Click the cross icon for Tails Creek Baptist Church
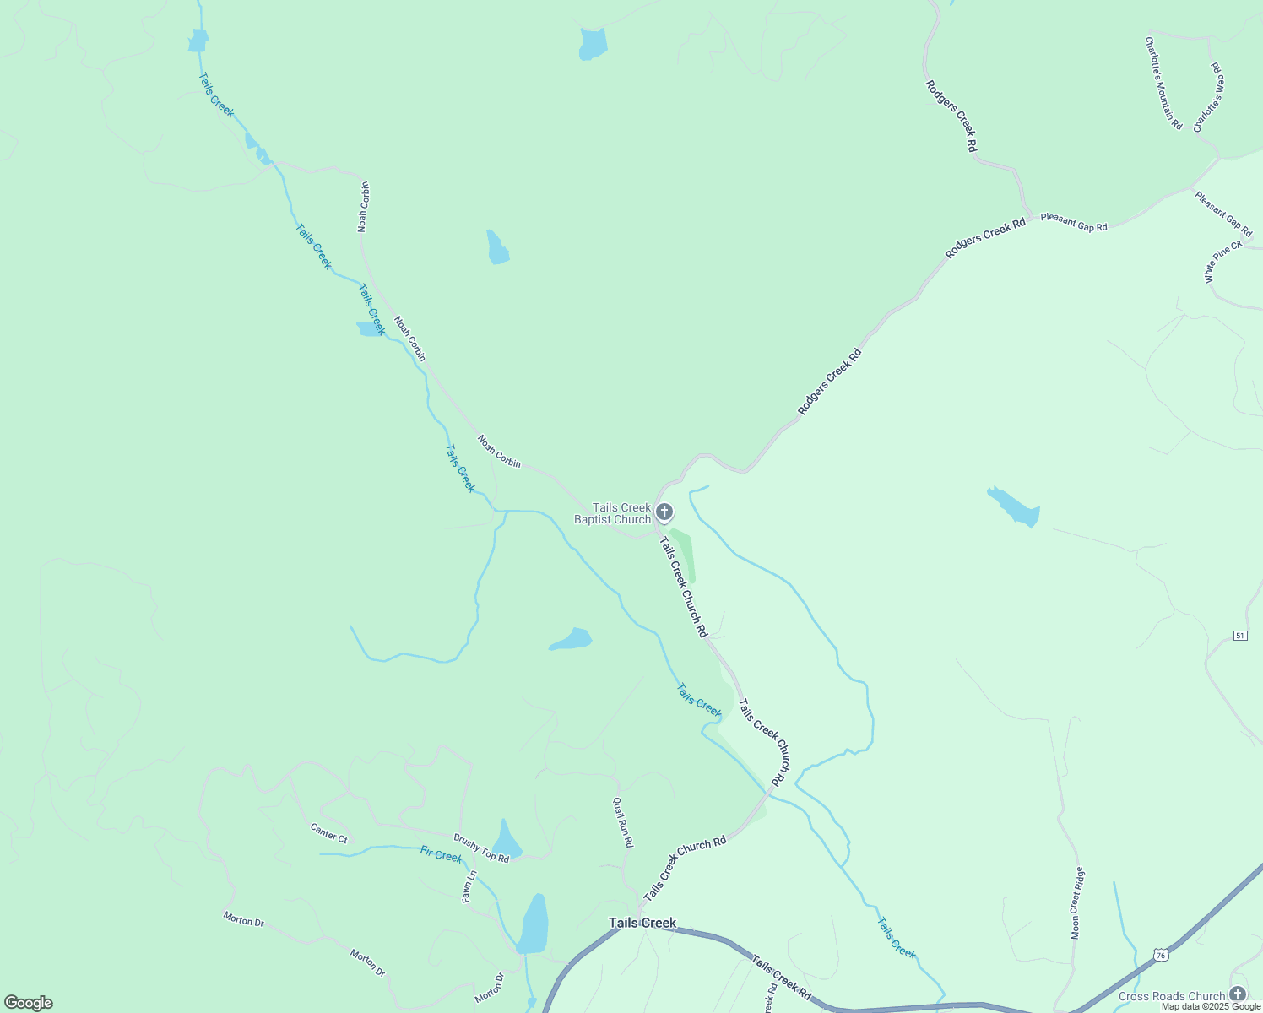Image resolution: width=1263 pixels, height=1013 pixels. click(x=664, y=512)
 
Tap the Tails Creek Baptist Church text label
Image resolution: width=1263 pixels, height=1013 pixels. click(x=614, y=513)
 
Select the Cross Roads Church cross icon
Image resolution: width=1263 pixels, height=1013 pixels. click(x=1238, y=994)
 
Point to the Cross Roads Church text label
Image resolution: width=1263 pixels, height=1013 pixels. click(x=1171, y=996)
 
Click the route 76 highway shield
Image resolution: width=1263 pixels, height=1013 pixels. click(x=1162, y=955)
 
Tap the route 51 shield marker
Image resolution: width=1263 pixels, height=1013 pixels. click(x=1239, y=635)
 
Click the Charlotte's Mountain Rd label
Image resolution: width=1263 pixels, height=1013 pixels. click(x=1163, y=82)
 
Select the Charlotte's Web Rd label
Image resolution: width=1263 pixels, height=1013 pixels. click(x=1209, y=96)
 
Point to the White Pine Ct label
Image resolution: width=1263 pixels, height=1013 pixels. click(x=1222, y=262)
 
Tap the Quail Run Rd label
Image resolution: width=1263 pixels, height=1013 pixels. click(x=622, y=821)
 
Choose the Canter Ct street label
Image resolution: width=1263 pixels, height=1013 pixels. click(x=328, y=833)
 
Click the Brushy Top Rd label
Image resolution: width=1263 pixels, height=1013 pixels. click(x=481, y=848)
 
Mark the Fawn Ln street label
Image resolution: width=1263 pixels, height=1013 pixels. click(x=469, y=886)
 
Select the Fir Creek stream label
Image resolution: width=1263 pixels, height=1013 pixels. click(x=441, y=855)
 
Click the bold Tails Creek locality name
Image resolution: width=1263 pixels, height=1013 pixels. click(x=642, y=923)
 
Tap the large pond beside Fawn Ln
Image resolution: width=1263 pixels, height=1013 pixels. click(x=534, y=924)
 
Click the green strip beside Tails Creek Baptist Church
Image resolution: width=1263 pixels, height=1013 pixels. click(x=685, y=555)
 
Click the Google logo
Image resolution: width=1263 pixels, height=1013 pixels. click(x=28, y=1003)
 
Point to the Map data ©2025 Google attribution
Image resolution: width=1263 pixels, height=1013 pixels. click(x=1211, y=1006)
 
